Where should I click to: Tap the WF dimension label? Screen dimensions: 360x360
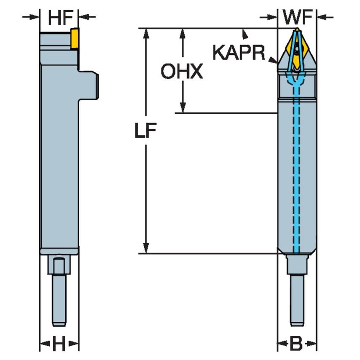coord(297,17)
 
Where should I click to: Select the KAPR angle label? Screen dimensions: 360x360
coord(239,53)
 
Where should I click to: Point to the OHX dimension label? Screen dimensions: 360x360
coord(182,72)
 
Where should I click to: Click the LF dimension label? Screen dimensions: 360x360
coord(145,132)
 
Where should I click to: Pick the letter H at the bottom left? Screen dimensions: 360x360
coord(59,344)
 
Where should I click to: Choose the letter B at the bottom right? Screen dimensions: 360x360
coord(296,344)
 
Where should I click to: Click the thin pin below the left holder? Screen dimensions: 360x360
coord(59,299)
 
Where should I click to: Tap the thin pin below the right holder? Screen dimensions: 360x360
coord(297,299)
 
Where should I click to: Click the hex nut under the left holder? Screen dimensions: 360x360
coord(59,266)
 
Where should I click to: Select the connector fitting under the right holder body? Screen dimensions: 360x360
coord(297,264)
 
